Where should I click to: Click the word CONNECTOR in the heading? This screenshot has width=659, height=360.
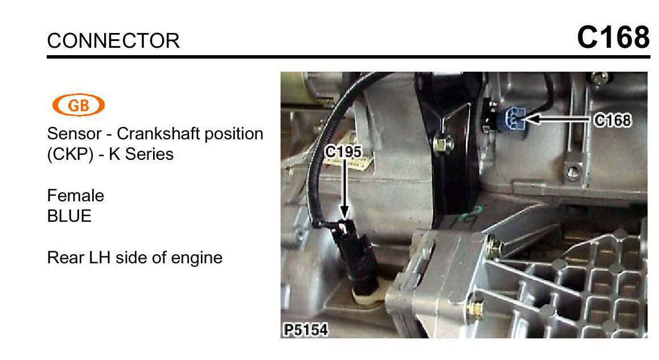point(113,41)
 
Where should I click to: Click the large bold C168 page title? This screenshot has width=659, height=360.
point(613,37)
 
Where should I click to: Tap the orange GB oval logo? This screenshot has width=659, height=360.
point(79,105)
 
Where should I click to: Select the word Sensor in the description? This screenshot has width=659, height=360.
point(75,134)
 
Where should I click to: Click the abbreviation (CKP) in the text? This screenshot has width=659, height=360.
point(70,154)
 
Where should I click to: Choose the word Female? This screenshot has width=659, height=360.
point(76,196)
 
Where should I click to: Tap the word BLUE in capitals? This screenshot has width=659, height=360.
point(69,216)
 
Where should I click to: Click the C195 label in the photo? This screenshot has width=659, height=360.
point(343,151)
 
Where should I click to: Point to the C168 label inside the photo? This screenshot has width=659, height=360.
point(612,120)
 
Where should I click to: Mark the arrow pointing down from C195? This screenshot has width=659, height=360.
point(344,188)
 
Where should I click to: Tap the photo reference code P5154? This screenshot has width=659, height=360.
point(306,330)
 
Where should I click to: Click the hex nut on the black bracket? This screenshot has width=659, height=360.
point(443,144)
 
